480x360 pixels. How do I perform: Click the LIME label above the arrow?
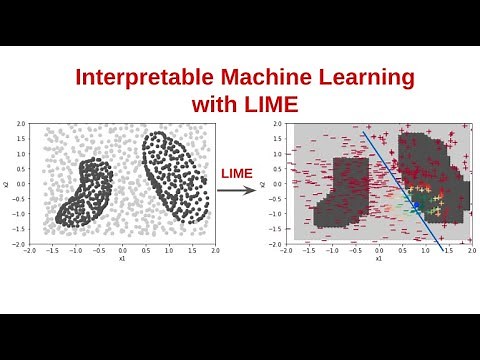[x=238, y=174]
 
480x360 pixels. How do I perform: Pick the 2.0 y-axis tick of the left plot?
[x=20, y=122]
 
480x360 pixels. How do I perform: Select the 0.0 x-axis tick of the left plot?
[x=123, y=250]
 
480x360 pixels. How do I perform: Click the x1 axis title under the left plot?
[x=122, y=258]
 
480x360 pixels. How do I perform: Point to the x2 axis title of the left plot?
[x=7, y=184]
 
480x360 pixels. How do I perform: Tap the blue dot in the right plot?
[x=416, y=204]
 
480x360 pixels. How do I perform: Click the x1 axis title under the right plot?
[x=379, y=258]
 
